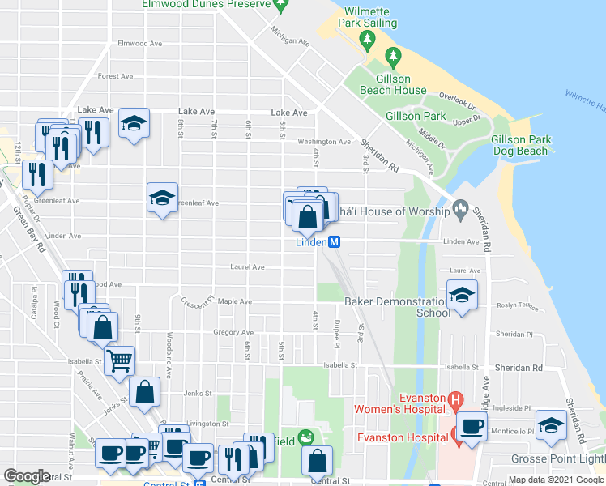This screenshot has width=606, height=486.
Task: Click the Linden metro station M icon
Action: coord(334,242)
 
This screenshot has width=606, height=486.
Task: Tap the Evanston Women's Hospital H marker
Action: coord(456,399)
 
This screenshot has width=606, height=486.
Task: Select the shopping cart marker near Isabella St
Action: coord(120,359)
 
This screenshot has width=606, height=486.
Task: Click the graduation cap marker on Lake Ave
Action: coord(134,124)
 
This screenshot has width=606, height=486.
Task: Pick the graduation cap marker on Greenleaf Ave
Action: coord(162,198)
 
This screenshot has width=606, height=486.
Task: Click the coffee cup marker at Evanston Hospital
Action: coord(471,427)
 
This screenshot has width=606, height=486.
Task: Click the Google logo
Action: coord(27,476)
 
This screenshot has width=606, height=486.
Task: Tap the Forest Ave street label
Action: coord(115,76)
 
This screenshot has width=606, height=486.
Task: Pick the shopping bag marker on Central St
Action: coord(317,461)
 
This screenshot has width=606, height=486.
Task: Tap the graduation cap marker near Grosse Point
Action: coord(552,426)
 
